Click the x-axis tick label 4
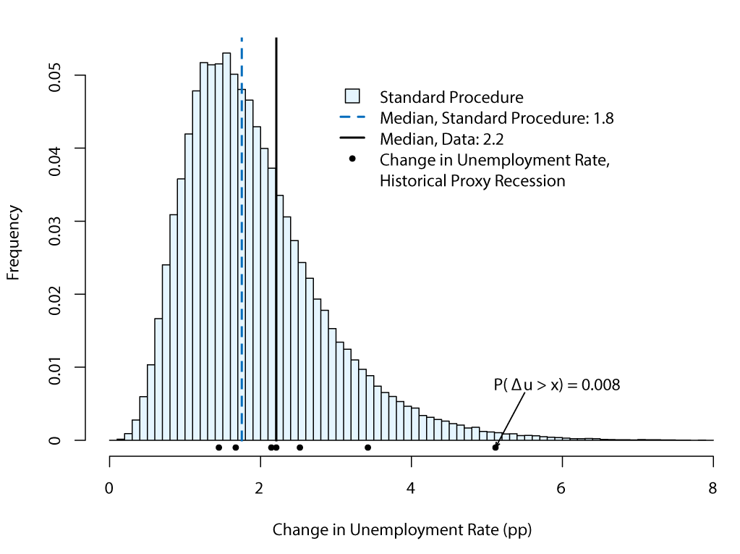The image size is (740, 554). pos(411,487)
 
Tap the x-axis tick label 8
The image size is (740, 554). pos(713,487)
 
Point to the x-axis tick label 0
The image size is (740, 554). pos(109,487)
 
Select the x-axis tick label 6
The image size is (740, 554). pos(562,487)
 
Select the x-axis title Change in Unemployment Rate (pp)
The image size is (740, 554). pos(402,529)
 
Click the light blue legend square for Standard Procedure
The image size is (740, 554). pos(352,96)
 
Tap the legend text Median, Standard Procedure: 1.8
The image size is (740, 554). pos(496,118)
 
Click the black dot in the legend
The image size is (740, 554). pos(352,159)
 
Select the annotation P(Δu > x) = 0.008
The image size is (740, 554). pos(557,385)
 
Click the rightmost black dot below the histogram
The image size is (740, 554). pos(496,448)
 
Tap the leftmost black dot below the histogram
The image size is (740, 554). pos(218,448)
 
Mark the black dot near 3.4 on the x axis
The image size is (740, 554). pos(367,448)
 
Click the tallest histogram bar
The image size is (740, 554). pos(226,246)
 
